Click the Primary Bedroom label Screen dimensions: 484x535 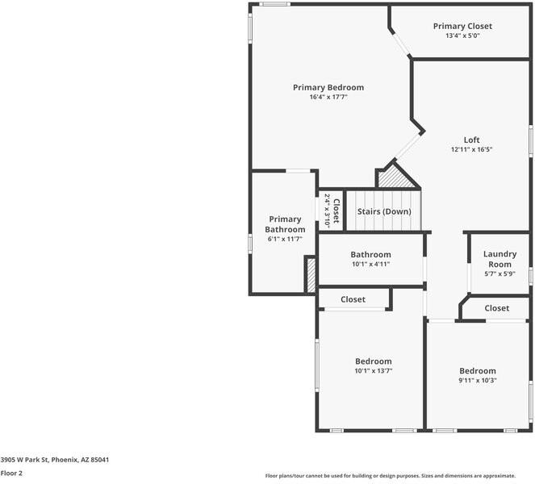328,87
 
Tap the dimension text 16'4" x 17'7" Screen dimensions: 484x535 328,98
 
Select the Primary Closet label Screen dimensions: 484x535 462,26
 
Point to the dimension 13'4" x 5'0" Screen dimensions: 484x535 462,35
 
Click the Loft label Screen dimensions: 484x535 471,140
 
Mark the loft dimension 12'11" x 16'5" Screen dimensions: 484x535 471,149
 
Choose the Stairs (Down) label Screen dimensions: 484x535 384,211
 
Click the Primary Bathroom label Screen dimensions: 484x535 285,224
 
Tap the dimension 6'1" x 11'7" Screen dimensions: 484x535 285,239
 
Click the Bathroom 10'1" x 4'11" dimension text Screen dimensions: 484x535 370,264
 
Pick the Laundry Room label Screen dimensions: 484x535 499,259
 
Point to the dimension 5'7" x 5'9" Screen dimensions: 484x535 499,273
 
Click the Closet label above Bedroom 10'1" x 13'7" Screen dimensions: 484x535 353,299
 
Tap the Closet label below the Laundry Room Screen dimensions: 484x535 496,308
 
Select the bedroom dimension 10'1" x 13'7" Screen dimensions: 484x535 373,371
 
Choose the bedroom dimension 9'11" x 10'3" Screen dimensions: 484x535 478,381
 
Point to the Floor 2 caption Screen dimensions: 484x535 11,474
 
